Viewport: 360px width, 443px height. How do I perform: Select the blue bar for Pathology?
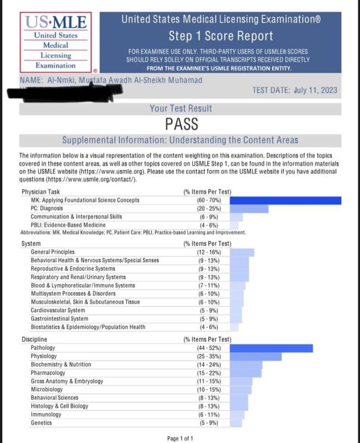click(x=271, y=348)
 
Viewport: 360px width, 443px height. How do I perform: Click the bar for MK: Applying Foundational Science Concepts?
click(x=285, y=200)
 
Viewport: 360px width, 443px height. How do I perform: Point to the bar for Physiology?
click(x=255, y=357)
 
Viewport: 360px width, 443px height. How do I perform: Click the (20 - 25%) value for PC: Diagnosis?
click(x=200, y=208)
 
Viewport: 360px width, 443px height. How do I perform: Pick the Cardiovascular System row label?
click(x=58, y=310)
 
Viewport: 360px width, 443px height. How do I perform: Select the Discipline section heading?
click(x=34, y=339)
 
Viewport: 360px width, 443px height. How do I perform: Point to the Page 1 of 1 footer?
click(x=180, y=439)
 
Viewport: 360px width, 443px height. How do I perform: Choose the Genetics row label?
click(x=42, y=423)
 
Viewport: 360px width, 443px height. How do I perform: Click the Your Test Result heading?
click(x=181, y=109)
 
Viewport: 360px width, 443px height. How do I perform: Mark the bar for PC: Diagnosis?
click(x=249, y=208)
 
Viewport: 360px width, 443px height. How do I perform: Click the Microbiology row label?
click(x=47, y=389)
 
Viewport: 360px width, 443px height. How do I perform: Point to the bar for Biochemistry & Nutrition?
click(x=246, y=365)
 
